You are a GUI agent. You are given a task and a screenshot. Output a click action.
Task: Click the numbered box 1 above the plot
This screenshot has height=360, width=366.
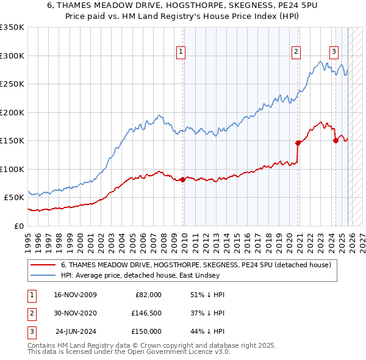pos(182,52)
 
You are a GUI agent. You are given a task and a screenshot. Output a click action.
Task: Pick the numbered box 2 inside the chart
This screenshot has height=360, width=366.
pos(296,52)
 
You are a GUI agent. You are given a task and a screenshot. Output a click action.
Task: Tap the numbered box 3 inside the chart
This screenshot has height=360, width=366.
pos(334,52)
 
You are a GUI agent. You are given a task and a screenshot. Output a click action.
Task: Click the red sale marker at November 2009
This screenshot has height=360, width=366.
pos(182,179)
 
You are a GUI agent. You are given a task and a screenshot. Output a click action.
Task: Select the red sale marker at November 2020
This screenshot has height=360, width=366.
pos(298,143)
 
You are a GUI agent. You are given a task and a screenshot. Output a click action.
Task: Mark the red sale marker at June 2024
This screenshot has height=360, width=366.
pos(335,140)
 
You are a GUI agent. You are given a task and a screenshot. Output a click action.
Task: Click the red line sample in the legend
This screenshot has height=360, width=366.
pos(43,265)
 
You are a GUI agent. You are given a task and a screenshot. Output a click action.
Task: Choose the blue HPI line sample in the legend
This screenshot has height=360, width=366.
pos(43,275)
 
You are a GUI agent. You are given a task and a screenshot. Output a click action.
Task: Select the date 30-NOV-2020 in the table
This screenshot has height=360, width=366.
pos(75,313)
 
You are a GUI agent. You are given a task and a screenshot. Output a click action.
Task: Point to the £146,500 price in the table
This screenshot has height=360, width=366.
pos(146,313)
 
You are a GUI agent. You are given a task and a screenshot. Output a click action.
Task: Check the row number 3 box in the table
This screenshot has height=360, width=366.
pos(30,331)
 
